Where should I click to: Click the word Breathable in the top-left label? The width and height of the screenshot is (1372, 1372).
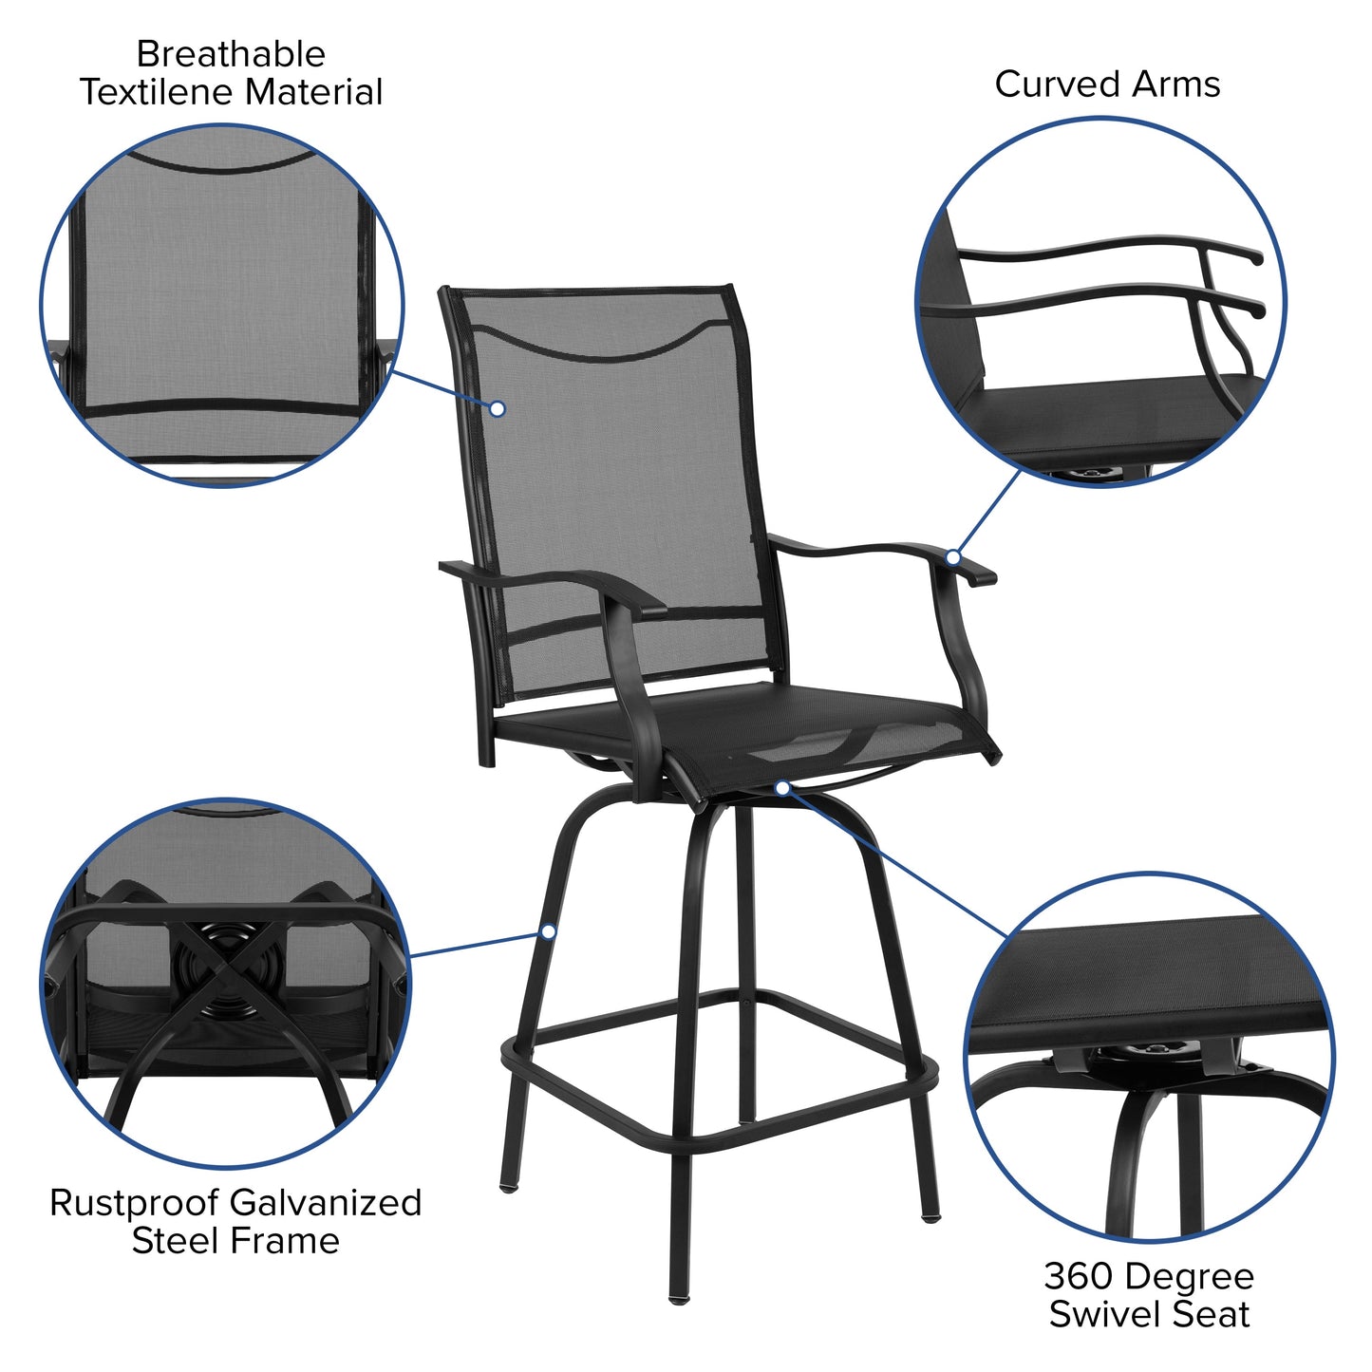(231, 54)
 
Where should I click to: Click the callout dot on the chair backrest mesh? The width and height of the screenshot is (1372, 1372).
(497, 408)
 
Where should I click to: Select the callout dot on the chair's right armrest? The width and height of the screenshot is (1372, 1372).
(953, 557)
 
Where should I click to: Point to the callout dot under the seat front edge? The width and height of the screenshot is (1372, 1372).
(781, 787)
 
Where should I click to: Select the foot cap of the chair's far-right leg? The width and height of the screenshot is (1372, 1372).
(930, 1214)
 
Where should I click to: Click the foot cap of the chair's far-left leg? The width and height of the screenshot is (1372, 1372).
(508, 1186)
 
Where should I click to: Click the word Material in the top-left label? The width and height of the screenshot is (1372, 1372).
(313, 92)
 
